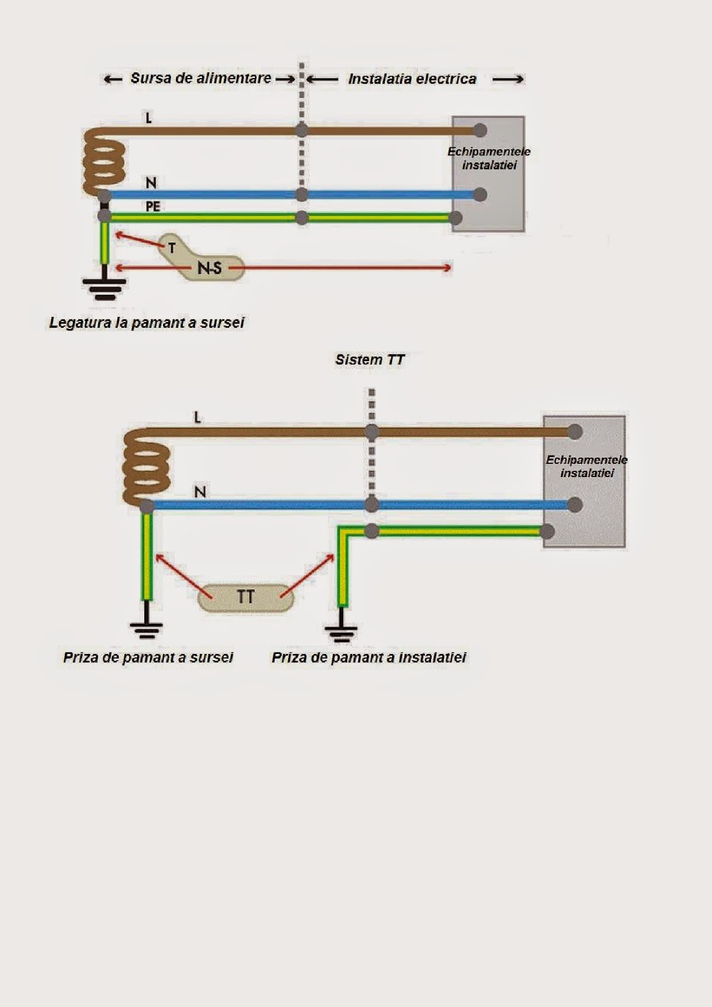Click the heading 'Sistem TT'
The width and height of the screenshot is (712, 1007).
pos(370,360)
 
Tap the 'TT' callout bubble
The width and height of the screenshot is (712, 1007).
pos(246,597)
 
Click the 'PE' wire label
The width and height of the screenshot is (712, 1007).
pos(153,206)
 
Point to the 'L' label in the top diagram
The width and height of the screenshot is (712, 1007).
pos(149,118)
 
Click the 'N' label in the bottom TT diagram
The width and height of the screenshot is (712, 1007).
pos(200,492)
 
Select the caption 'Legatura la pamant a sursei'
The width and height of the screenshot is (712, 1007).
pos(147,323)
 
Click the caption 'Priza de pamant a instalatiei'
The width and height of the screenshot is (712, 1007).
pos(369,658)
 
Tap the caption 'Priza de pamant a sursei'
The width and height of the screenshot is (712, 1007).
pos(148,658)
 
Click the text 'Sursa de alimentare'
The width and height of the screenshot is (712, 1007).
pos(201,79)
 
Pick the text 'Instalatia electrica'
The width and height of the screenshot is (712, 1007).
pos(412,79)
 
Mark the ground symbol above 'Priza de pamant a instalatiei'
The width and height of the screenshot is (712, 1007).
pos(341,631)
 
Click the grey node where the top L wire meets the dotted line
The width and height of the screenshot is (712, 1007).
pos(302,130)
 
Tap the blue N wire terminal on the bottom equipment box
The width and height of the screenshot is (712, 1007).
pos(574,504)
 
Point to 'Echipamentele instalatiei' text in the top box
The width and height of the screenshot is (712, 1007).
pos(489,159)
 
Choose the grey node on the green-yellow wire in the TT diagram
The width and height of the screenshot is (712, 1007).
pos(372,531)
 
